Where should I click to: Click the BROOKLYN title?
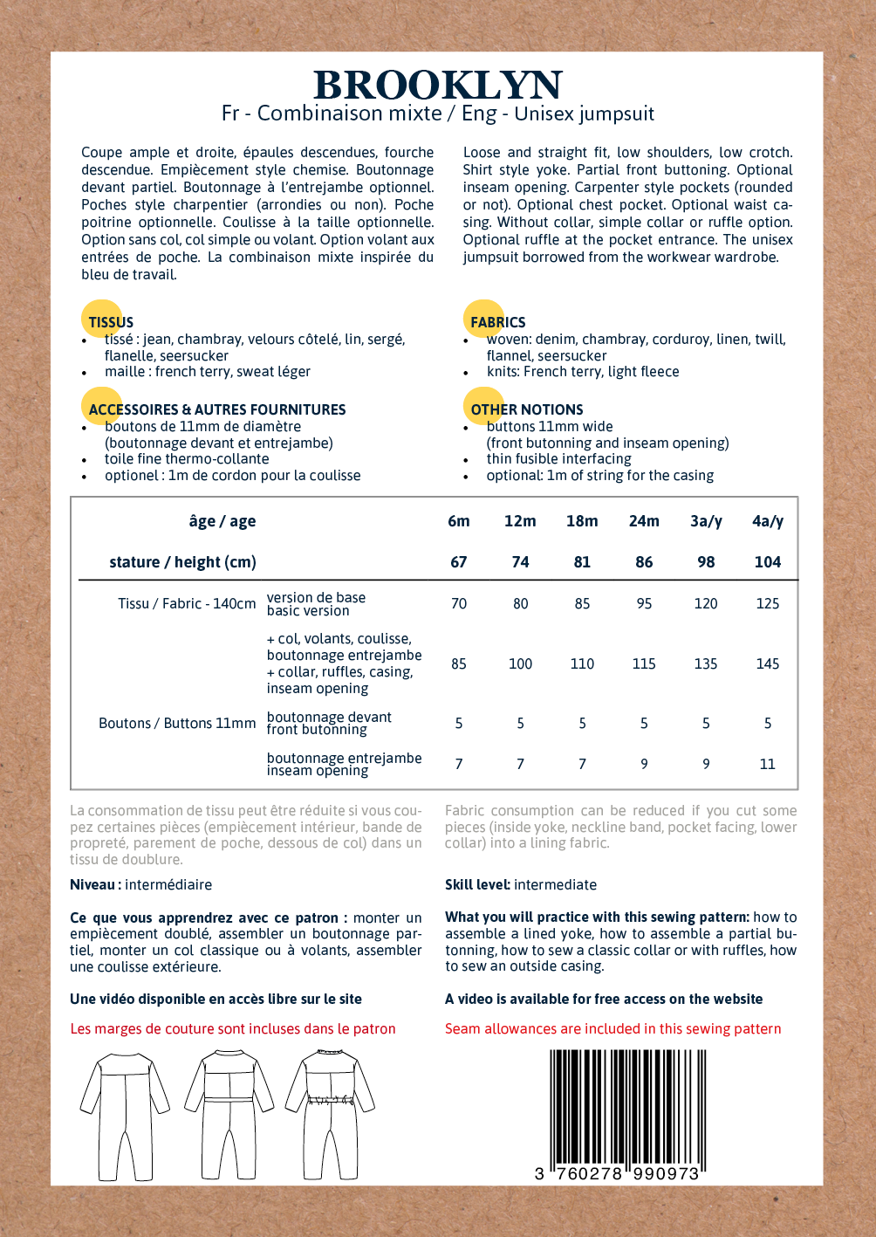pos(438,86)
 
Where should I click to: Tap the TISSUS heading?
pos(111,322)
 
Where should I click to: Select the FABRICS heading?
pos(497,322)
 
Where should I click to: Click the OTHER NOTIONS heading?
pos(527,409)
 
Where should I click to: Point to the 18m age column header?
pos(582,521)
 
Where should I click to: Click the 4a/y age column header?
pos(768,521)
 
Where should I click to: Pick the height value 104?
pos(768,562)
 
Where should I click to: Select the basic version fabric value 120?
pos(706,603)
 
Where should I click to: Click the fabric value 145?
pos(768,663)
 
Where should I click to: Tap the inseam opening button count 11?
pos(768,764)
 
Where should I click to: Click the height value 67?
pos(459,562)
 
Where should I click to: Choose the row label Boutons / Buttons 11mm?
pos(177,723)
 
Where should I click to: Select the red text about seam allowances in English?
pos(613,1028)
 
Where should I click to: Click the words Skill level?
pos(477,884)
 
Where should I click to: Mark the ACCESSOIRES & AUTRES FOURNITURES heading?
pos(217,409)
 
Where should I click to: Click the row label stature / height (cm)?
pos(182,562)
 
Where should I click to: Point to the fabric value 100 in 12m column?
pos(521,663)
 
